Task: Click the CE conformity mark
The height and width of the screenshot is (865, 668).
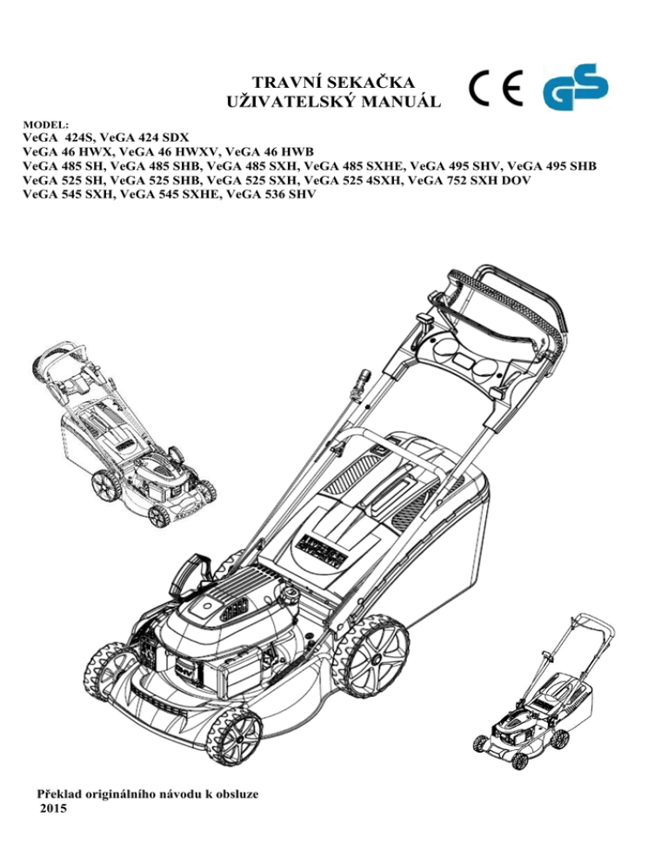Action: (x=495, y=88)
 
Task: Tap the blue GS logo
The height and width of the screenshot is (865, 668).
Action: (x=575, y=86)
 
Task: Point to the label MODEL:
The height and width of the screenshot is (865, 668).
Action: (x=46, y=125)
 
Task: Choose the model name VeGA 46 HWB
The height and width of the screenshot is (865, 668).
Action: (x=270, y=151)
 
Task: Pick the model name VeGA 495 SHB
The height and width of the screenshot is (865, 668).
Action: (x=551, y=165)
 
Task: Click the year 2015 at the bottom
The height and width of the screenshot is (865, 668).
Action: (x=54, y=808)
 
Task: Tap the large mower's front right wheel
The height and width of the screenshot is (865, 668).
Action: (x=234, y=737)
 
